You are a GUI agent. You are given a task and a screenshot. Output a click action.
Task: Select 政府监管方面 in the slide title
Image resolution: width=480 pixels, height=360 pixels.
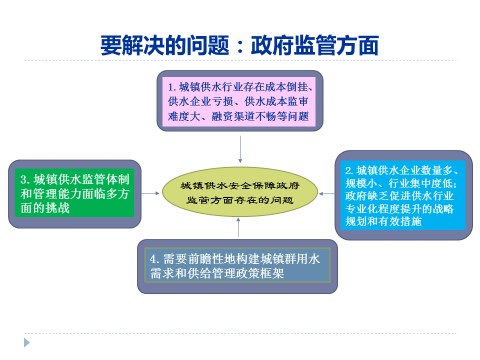pos(317,47)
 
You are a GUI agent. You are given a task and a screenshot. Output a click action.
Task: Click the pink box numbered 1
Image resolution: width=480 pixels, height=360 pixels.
pos(240,101)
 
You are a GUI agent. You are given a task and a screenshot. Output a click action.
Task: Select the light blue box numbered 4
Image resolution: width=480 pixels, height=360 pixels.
pos(240,264)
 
